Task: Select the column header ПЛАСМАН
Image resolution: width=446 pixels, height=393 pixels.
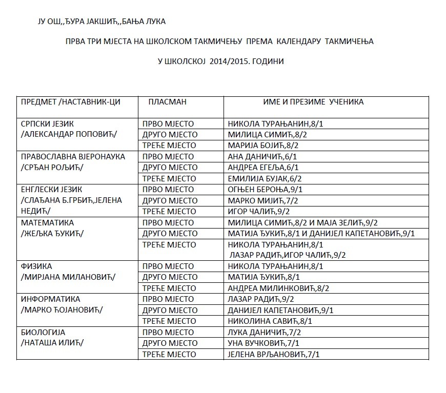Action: (167, 102)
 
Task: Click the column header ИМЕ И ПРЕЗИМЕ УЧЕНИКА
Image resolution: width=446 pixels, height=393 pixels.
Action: (313, 102)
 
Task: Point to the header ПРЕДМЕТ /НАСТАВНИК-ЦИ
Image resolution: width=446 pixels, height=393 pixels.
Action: (70, 102)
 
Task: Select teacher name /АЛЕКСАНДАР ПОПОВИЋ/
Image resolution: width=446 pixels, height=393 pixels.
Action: (69, 134)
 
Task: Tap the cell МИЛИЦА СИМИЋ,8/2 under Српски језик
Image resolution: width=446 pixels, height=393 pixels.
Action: (267, 135)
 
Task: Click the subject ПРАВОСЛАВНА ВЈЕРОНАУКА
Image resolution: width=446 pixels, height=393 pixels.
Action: (72, 157)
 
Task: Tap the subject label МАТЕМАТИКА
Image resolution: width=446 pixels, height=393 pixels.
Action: (47, 223)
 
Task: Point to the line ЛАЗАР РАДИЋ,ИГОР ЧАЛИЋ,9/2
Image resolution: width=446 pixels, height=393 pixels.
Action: (287, 255)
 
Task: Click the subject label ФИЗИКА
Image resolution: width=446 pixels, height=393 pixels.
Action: (36, 266)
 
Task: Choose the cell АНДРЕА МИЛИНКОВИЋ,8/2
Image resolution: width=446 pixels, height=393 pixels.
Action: (278, 288)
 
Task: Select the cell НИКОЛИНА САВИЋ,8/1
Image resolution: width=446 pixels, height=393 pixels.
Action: (270, 321)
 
